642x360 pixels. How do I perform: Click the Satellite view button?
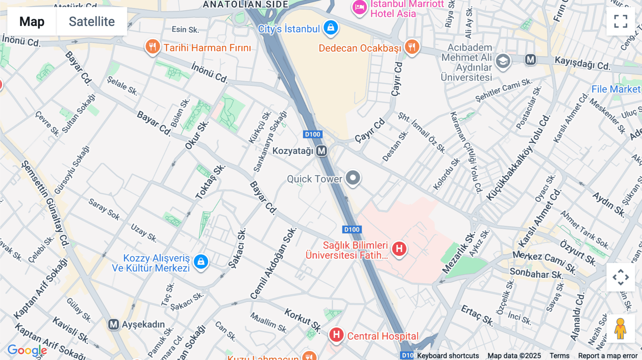pos(92,22)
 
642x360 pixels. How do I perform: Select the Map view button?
pos(32,22)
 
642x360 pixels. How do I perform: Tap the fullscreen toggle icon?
pos(621,21)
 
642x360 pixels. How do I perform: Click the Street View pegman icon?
pos(621,329)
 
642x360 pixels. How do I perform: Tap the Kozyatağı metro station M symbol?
pos(321,151)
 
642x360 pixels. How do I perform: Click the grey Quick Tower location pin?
pos(353,178)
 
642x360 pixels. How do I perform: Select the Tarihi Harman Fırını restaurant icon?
pos(152,47)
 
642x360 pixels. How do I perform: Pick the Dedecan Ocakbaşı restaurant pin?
pos(412,47)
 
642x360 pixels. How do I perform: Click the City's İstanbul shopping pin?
pos(331,28)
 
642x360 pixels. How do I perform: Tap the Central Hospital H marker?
pos(336,335)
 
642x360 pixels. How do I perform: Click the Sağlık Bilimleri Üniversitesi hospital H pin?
pos(399,248)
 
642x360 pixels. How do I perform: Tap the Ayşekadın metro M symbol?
pos(113,324)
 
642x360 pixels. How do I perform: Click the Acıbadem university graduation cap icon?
pos(503,61)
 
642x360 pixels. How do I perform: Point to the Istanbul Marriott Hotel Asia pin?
pos(360,7)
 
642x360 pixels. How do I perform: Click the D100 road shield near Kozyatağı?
pos(312,134)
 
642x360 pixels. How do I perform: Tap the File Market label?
pos(616,89)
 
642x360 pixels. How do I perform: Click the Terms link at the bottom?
pos(559,356)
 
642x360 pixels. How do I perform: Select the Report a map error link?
pos(608,356)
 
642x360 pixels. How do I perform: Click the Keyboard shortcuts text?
pos(448,356)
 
